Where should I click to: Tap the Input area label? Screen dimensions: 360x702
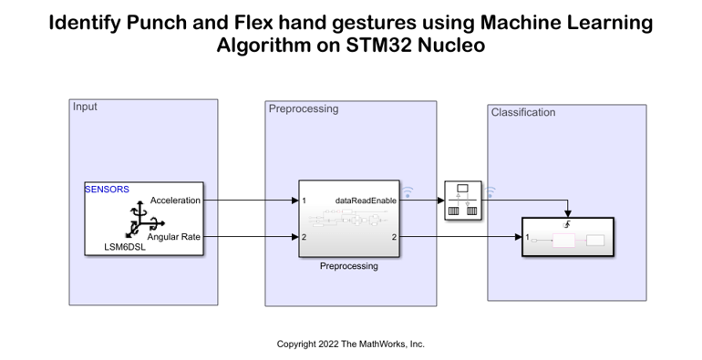85,107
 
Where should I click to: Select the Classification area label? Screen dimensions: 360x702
523,112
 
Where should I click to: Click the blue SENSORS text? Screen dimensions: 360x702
107,190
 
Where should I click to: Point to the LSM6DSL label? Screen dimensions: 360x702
125,246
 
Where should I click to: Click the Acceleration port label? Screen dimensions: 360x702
175,201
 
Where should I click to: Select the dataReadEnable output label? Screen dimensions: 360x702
368,201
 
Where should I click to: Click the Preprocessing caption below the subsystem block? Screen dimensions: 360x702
348,266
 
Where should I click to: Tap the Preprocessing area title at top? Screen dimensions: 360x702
304,108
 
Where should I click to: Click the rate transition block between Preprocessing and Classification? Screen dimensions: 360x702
462,201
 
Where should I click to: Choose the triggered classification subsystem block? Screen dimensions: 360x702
566,239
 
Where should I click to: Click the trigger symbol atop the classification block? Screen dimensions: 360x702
567,224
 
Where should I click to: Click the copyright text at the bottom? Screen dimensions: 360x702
351,344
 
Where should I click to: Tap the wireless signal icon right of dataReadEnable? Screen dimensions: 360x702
408,192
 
